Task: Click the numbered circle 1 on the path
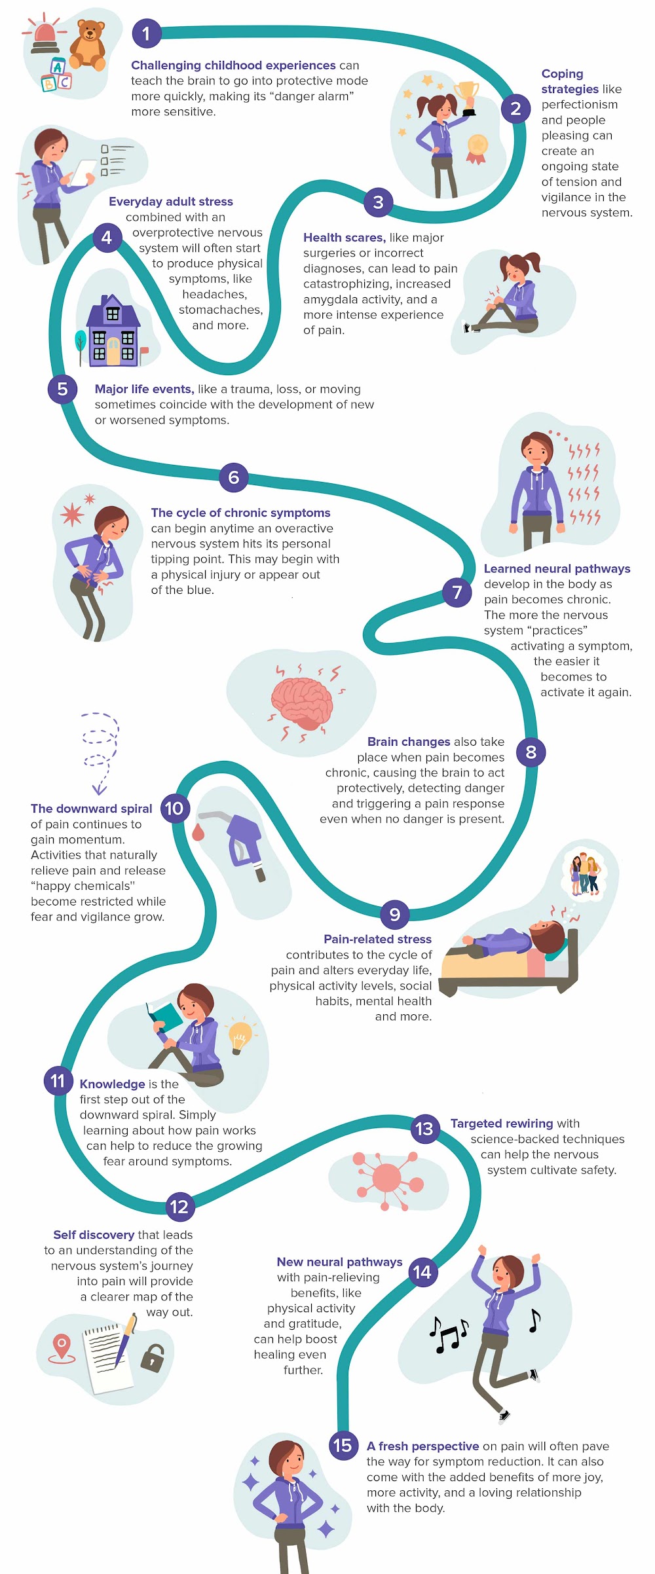(x=146, y=33)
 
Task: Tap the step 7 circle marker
(x=457, y=592)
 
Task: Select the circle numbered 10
(x=174, y=808)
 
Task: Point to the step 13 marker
(x=424, y=1129)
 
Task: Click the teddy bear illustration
(x=88, y=44)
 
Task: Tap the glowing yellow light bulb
(x=239, y=1035)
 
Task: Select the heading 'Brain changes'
(x=408, y=742)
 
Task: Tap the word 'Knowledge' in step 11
(x=112, y=1084)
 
